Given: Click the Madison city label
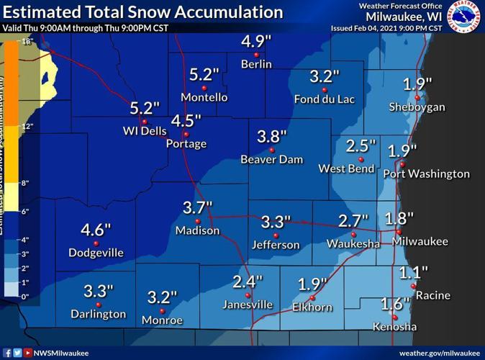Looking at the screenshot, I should point(197,230).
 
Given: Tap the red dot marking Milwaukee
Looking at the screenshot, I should point(399,232).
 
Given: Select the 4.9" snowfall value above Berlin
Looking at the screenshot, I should point(255,41).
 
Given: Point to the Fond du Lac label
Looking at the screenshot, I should point(325,99).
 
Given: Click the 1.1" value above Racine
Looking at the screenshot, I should point(414,272).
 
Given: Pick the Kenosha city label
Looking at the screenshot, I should point(394,327).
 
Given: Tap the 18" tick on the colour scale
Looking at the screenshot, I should point(27,42).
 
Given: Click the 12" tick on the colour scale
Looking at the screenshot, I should point(27,127).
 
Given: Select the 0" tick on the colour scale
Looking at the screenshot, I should point(25,296).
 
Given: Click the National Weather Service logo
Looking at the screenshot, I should point(464,17).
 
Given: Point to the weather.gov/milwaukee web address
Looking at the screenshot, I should point(438,353).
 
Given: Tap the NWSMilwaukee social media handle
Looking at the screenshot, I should point(61,353).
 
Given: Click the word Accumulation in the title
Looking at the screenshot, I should point(225,12).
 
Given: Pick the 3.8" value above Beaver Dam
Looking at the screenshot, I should point(272,136).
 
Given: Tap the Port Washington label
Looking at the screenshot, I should point(426,174).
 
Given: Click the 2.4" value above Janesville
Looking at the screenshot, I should point(248,281).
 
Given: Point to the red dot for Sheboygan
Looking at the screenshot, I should point(417,97).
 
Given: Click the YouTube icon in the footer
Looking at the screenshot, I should point(27,353).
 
